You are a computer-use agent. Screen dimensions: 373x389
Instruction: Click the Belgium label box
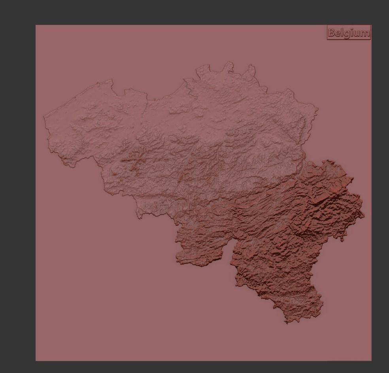pos(349,32)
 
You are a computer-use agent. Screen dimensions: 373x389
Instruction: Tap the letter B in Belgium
pos(332,33)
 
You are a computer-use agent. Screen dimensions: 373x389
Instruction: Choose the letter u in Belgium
pos(356,33)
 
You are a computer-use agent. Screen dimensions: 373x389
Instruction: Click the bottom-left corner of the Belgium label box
pos(328,39)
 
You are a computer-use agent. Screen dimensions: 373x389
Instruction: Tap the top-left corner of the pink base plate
pos(36,25)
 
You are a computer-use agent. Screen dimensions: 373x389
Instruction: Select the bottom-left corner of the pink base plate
pos(36,361)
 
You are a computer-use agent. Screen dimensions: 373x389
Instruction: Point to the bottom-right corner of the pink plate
pos(371,361)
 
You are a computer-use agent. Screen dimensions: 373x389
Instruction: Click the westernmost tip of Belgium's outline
pos(43,116)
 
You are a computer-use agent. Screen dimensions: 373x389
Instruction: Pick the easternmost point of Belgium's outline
pos(364,216)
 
